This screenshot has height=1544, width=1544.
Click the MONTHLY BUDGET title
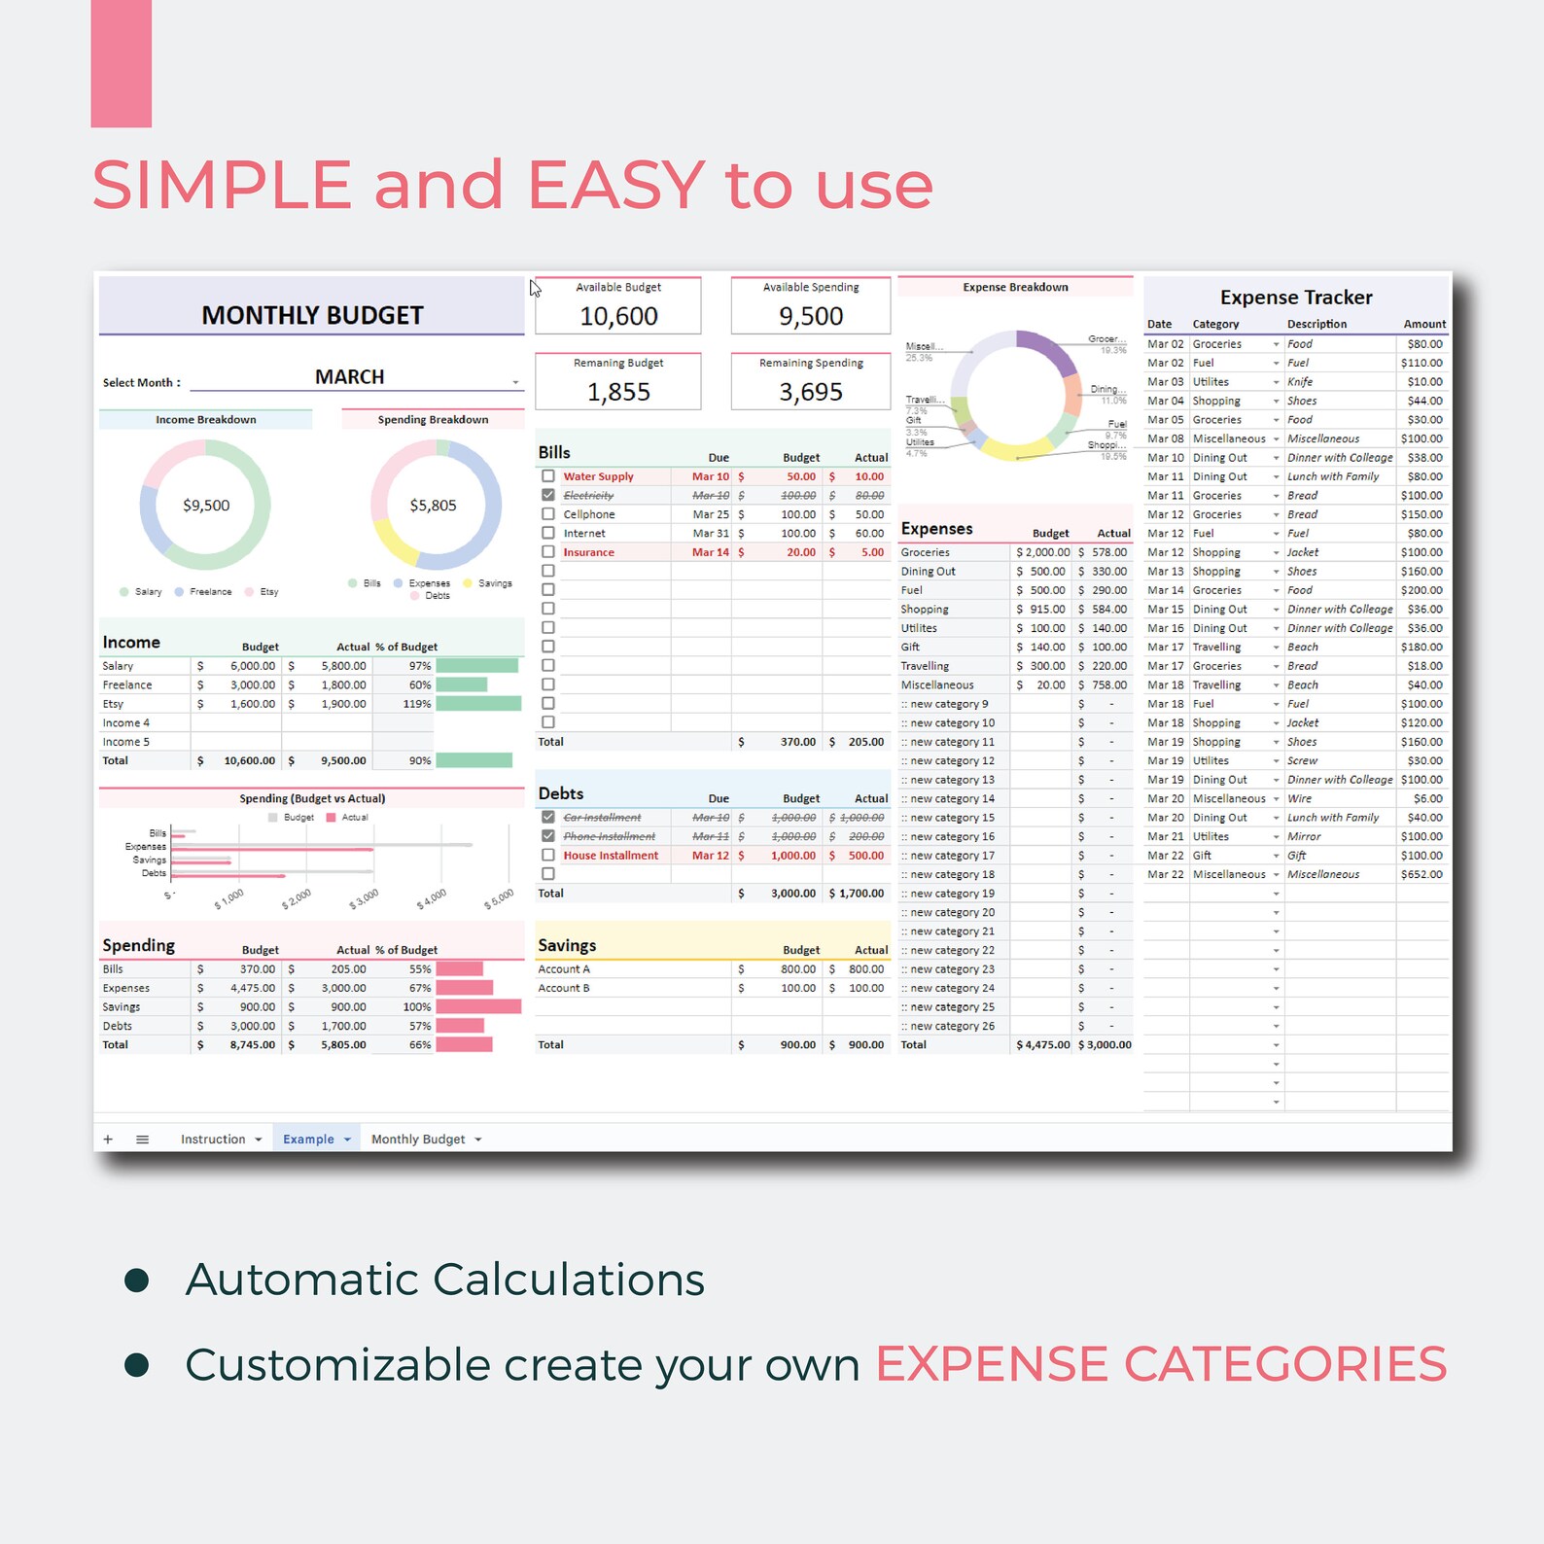point(312,315)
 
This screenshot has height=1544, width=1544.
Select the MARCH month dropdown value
point(349,377)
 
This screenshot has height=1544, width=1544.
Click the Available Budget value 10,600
point(618,316)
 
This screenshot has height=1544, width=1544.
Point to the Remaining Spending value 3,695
point(811,392)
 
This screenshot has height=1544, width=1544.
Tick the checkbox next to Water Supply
point(548,476)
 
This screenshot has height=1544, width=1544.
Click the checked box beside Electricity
point(548,495)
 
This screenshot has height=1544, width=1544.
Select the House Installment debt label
point(611,856)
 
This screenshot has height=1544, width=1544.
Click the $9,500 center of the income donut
point(206,506)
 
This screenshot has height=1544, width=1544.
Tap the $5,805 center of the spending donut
point(433,506)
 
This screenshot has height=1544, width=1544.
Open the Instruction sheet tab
point(213,1140)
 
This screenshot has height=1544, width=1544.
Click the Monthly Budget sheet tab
point(418,1140)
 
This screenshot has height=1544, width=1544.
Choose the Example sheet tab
point(308,1140)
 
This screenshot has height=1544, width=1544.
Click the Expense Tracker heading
point(1296,298)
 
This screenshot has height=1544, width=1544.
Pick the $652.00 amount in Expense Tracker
point(1421,874)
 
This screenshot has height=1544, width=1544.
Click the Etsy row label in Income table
point(113,704)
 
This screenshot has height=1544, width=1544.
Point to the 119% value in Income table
point(417,704)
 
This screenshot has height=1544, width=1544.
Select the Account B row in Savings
point(564,988)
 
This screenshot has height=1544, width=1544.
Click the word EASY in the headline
point(616,185)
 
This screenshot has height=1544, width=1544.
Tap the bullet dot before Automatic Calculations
point(137,1280)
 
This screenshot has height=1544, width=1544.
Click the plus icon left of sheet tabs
point(108,1140)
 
